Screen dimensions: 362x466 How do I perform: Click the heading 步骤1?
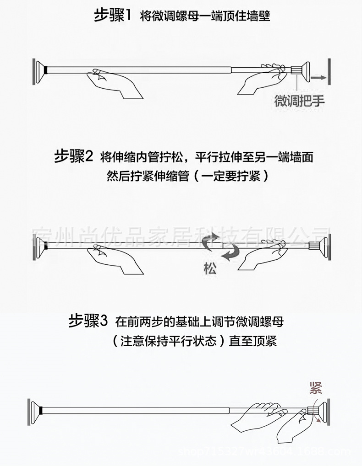(x=113, y=16)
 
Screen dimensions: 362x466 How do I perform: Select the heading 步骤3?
(x=88, y=321)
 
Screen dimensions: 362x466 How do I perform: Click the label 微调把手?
(x=299, y=101)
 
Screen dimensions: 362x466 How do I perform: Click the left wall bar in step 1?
(x=33, y=70)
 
